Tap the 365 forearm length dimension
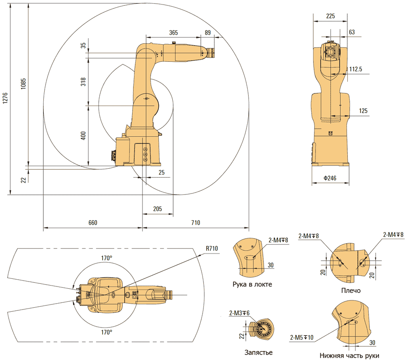pyautogui.click(x=173, y=32)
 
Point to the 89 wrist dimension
pyautogui.click(x=208, y=32)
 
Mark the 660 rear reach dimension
pyautogui.click(x=92, y=223)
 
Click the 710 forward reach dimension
pyautogui.click(x=195, y=223)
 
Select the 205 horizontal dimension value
pyautogui.click(x=157, y=208)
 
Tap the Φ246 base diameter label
pyautogui.click(x=331, y=178)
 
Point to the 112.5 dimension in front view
pyautogui.click(x=355, y=69)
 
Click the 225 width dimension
pyautogui.click(x=330, y=16)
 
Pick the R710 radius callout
pyautogui.click(x=212, y=248)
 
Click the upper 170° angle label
pyautogui.click(x=106, y=258)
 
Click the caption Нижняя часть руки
pyautogui.click(x=349, y=355)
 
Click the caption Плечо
pyautogui.click(x=351, y=291)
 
